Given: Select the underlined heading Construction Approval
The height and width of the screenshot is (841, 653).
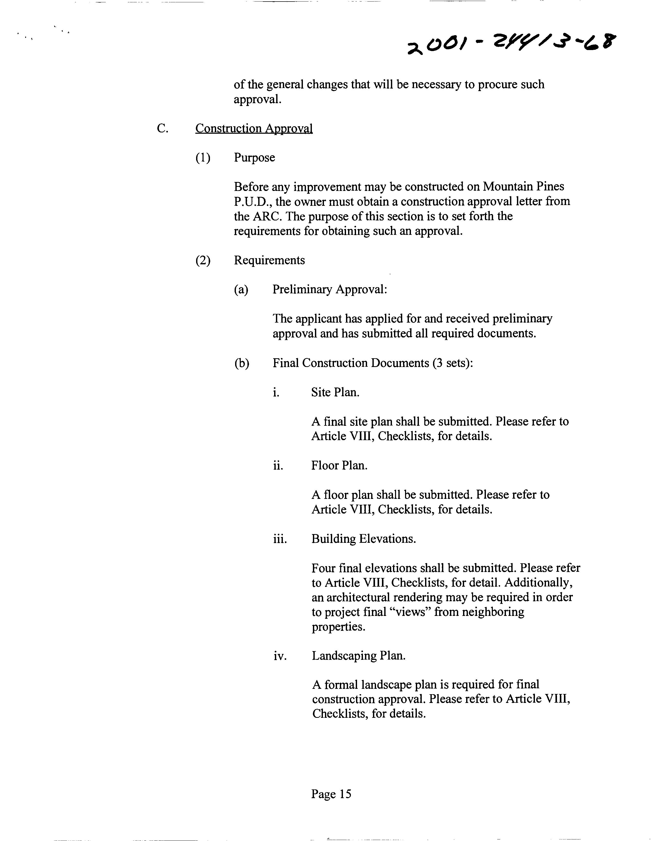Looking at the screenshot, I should [x=254, y=128].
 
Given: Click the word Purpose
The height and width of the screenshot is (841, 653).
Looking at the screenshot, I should [x=254, y=158].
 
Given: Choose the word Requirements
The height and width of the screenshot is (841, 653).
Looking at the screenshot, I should [x=269, y=260].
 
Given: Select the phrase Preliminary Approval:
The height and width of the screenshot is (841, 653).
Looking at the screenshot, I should [x=329, y=289].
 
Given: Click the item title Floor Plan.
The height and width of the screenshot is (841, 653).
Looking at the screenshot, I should [x=339, y=465].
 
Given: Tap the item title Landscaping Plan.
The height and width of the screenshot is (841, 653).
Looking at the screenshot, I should [x=358, y=655].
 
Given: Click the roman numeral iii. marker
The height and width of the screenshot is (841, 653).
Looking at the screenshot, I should [x=280, y=539].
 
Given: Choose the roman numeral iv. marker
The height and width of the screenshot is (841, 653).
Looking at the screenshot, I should [x=280, y=656].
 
